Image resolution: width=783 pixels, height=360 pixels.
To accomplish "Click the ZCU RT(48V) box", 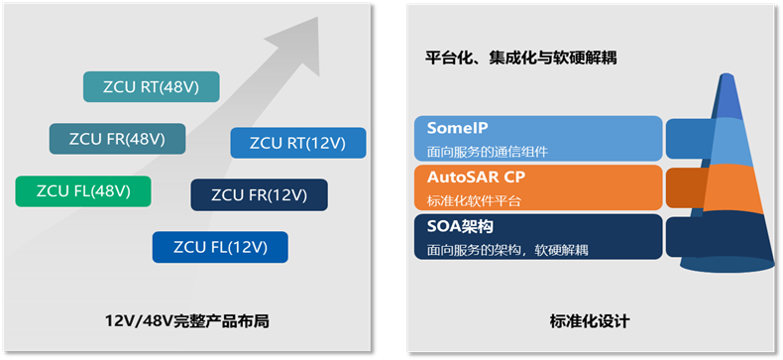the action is (x=152, y=87).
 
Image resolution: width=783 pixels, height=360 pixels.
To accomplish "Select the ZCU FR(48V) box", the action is (x=117, y=139).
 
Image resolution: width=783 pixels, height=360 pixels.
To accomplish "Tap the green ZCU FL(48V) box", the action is (x=83, y=191).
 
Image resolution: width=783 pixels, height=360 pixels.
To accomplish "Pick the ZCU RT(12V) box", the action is (x=298, y=143).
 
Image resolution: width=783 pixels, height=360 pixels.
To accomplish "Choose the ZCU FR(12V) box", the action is (x=259, y=194).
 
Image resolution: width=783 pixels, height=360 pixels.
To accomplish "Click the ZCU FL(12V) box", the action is (x=220, y=247).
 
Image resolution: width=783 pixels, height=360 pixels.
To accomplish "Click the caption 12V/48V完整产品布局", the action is (x=187, y=321).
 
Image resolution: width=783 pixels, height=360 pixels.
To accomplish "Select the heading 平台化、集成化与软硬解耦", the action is (x=520, y=58).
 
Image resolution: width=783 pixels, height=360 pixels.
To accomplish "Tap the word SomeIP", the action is (x=458, y=128).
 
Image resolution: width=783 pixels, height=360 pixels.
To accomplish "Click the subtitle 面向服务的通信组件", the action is (x=488, y=152).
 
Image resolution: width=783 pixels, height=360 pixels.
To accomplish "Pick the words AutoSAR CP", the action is (x=477, y=177).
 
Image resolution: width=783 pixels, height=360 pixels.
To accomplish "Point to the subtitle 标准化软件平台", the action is (x=474, y=200).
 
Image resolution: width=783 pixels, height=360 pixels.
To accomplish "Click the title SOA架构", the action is (x=461, y=226).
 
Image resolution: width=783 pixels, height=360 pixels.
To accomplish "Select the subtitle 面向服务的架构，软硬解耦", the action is (x=507, y=250).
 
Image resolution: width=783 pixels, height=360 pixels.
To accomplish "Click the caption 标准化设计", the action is (x=590, y=321).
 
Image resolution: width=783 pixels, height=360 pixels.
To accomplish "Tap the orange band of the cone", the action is (x=730, y=189).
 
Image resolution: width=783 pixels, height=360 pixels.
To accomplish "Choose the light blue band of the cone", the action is (x=729, y=143).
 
